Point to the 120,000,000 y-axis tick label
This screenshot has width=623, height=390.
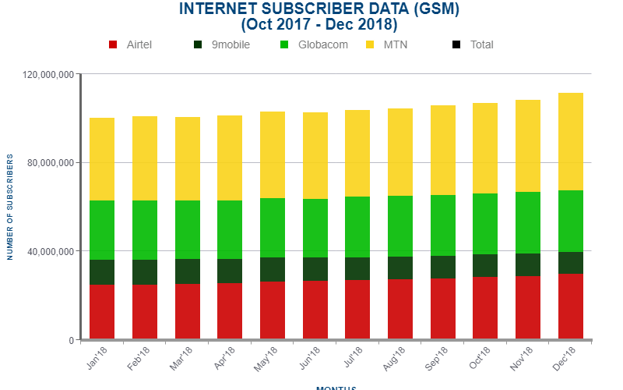tap(48, 75)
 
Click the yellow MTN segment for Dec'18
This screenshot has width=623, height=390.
tap(571, 141)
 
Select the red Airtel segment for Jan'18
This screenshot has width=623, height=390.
tap(102, 312)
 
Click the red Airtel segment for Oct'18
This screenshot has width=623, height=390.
tap(485, 308)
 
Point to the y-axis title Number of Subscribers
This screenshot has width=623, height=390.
tap(10, 207)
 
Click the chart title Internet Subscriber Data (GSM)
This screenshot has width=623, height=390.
tap(319, 9)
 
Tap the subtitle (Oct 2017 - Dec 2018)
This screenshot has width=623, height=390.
tap(319, 24)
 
